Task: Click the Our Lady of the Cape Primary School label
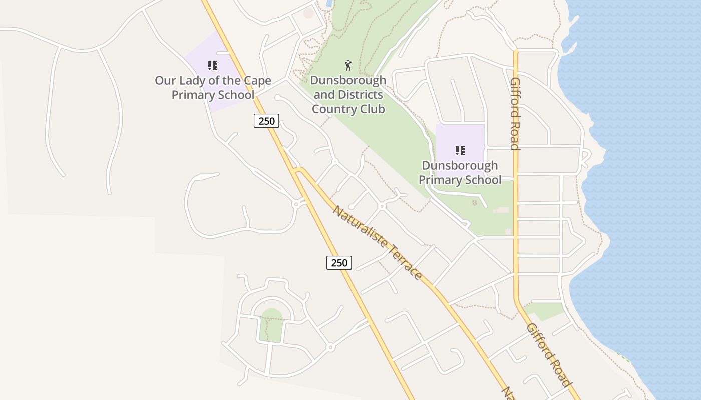point(213,88)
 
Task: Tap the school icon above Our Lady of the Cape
point(213,66)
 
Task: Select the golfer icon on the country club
point(348,65)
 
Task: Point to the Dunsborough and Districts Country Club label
point(348,94)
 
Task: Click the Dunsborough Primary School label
point(460,173)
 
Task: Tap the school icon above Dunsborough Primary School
point(460,151)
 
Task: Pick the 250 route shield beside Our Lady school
point(266,121)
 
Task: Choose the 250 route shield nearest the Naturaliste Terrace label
point(339,262)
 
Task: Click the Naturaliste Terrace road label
point(377,242)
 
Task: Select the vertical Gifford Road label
point(515,114)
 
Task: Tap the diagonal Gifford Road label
point(549,355)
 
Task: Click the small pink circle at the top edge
point(308,13)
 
